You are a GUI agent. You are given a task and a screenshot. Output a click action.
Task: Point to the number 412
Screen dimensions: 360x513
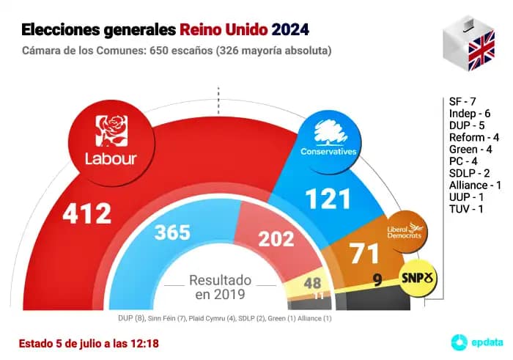(x=86, y=214)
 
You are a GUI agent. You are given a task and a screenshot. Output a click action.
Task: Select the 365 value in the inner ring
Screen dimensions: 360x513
(x=172, y=233)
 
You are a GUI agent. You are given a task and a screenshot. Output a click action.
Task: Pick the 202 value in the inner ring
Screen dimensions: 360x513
(x=276, y=238)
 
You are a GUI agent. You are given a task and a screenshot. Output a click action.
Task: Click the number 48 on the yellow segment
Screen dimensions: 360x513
(x=312, y=283)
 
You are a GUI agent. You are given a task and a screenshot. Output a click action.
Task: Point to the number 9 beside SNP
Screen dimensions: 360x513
(x=377, y=279)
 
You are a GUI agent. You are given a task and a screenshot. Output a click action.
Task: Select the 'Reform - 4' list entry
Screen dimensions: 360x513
(x=475, y=137)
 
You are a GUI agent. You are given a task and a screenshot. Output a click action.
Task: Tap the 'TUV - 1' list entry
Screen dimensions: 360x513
(x=466, y=210)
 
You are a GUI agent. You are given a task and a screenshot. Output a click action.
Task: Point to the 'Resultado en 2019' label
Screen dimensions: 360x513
(x=220, y=287)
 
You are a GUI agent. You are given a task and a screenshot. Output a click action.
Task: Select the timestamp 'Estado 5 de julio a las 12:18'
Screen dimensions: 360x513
(x=89, y=342)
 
